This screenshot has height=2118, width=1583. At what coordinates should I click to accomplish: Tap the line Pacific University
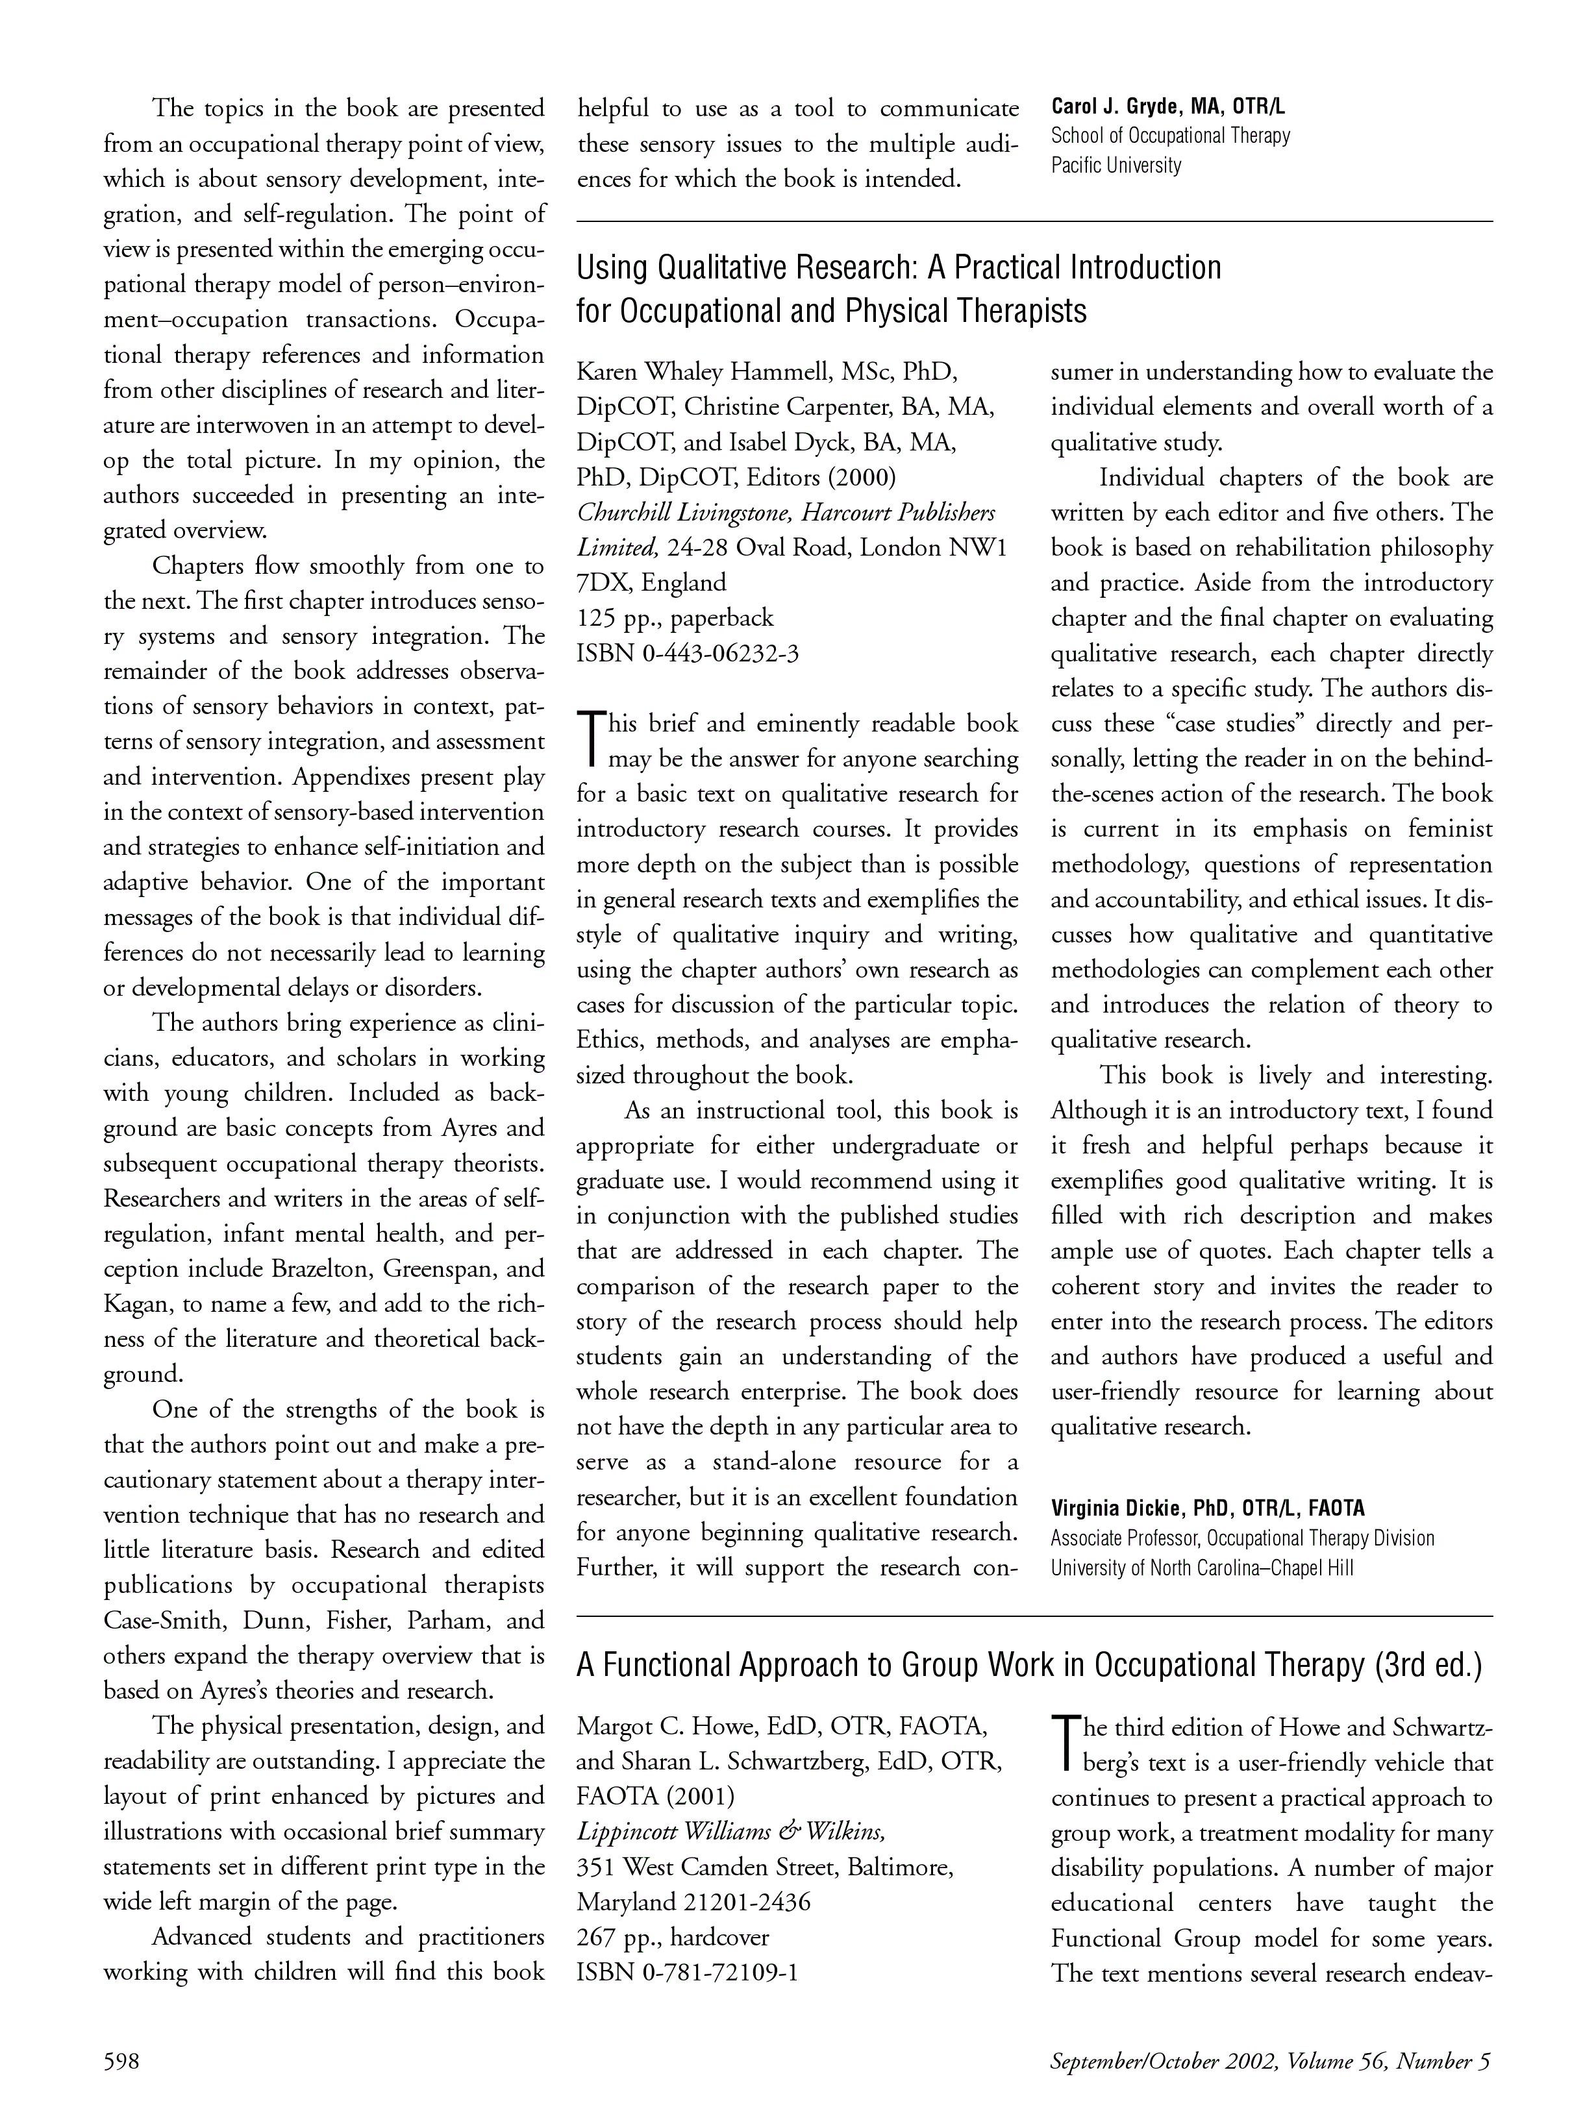tap(1116, 166)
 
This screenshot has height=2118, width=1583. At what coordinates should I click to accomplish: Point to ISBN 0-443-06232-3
tap(688, 653)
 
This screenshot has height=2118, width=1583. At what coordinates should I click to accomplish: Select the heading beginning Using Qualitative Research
tap(898, 267)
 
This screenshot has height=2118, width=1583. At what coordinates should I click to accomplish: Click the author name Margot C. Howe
tap(661, 1727)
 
